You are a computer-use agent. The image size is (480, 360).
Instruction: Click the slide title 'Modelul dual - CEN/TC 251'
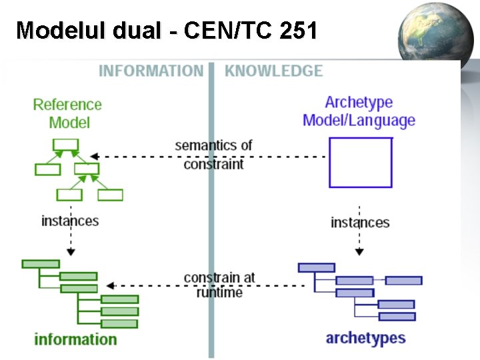pos(167,30)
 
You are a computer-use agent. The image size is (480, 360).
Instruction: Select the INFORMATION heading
pos(151,71)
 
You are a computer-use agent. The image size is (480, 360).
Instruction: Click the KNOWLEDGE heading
pos(273,71)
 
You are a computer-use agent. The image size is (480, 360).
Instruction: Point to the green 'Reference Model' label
pos(68,113)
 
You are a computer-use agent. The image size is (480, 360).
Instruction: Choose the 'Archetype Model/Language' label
pos(359,111)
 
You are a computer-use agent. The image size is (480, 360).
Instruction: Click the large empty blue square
pos(361,162)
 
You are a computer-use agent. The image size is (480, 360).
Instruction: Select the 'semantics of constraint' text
pos(213,154)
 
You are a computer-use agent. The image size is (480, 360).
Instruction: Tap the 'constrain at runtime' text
pos(219,285)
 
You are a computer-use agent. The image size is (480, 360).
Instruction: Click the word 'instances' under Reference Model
pos(70,221)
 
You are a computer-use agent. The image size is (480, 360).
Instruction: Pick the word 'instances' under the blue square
pos(360,222)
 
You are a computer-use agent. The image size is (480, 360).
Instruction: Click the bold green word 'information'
pos(75,339)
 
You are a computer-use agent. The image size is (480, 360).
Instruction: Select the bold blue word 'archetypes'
pos(365,338)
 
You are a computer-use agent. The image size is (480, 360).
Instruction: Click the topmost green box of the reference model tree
pos(66,145)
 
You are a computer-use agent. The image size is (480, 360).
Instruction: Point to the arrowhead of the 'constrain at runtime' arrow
pos(111,285)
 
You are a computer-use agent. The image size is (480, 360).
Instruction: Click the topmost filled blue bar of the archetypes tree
pos(317,267)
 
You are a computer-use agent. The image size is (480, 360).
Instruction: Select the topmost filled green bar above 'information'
pos(41,264)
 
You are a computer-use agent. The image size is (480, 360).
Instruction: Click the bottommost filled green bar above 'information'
pos(119,323)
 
